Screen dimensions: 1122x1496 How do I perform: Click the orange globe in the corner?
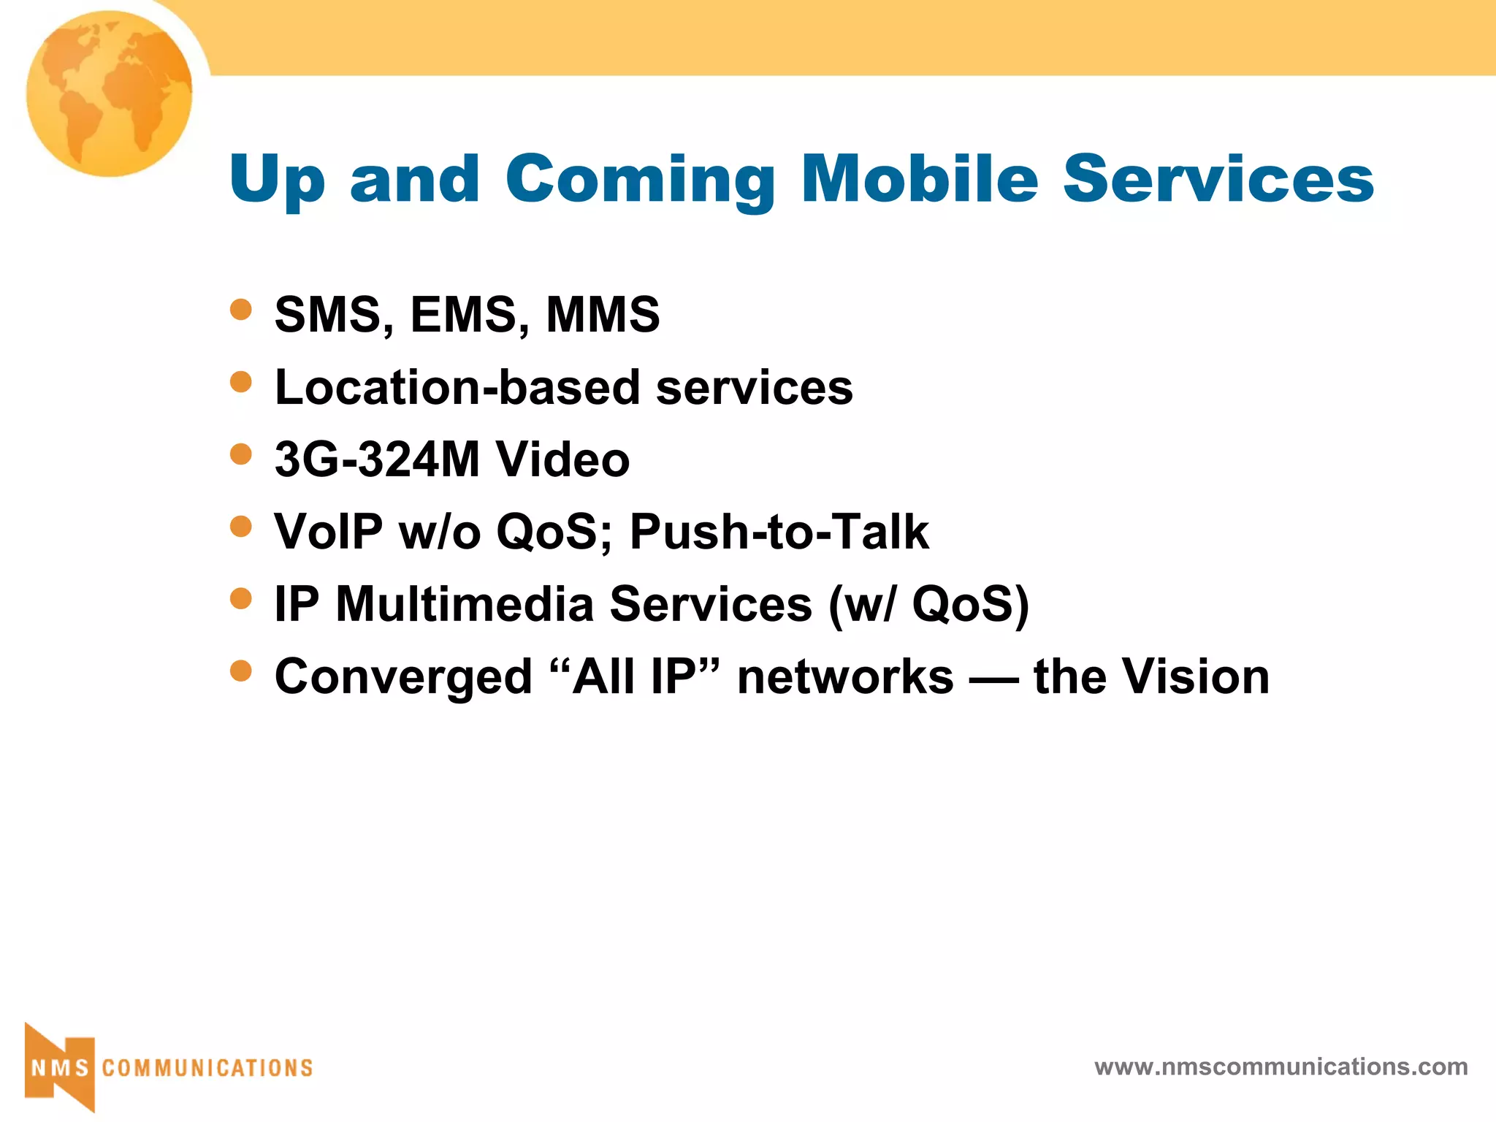[x=110, y=93]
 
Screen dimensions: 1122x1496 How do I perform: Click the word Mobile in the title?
[x=919, y=179]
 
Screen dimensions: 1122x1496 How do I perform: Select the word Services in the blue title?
[x=1218, y=179]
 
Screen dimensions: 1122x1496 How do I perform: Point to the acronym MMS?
[x=603, y=315]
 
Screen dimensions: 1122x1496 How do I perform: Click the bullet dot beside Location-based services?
[x=240, y=381]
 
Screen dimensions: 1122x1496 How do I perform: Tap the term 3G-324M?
[x=377, y=459]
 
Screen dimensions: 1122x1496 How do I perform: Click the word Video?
[x=562, y=459]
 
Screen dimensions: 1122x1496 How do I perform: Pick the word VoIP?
[x=328, y=532]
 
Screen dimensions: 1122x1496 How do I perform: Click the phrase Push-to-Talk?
[x=779, y=532]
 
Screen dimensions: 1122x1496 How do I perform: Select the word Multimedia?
[x=465, y=604]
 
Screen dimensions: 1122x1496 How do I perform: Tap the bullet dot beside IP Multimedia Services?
[x=240, y=599]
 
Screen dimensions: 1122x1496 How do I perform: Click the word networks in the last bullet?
[x=845, y=676]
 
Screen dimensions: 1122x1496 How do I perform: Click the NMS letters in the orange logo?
[x=60, y=1068]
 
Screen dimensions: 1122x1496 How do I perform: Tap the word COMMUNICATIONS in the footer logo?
[x=207, y=1068]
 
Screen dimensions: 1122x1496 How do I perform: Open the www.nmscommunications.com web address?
[x=1281, y=1066]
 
